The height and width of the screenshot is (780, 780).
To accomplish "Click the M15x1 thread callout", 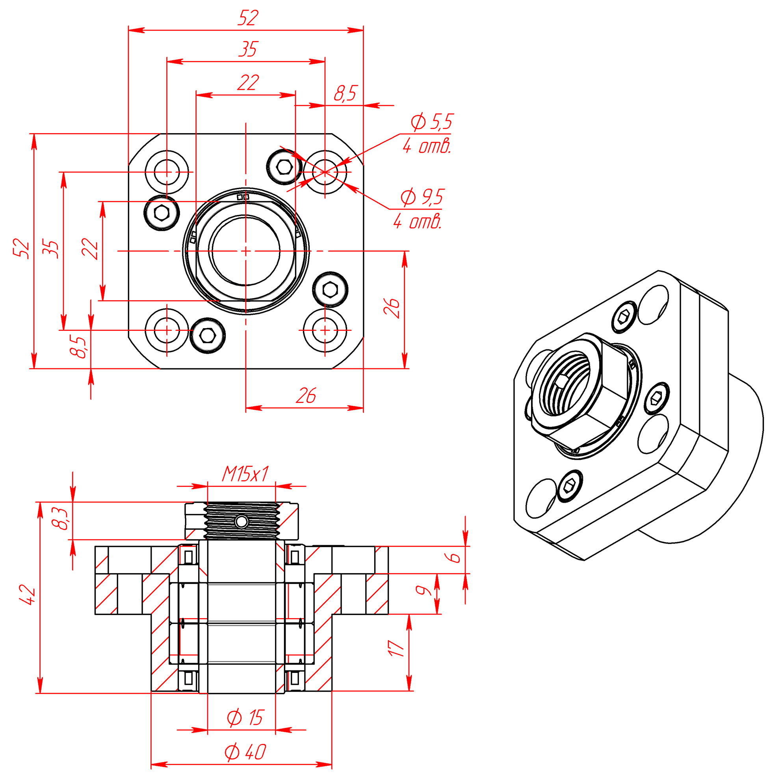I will tap(245, 474).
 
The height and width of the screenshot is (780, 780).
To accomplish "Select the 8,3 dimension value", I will tap(61, 519).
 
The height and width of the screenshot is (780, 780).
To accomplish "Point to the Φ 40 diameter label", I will tap(245, 752).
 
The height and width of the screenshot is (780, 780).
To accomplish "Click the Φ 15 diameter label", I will tap(245, 718).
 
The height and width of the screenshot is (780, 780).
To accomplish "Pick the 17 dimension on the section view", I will tap(396, 648).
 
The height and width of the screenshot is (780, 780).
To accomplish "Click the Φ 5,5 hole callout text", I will tap(432, 121).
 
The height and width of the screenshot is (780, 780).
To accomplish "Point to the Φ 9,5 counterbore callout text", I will tap(422, 197).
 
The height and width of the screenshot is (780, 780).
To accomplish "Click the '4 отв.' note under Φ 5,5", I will tap(427, 146).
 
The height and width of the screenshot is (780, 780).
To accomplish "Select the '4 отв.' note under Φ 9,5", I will tap(418, 222).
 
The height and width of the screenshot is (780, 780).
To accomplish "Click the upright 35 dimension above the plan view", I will tap(247, 49).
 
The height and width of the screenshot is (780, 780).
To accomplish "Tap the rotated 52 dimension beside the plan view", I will tap(21, 248).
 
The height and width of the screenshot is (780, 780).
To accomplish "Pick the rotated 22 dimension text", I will tap(90, 249).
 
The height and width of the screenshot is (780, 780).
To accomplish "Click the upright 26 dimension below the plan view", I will tap(306, 396).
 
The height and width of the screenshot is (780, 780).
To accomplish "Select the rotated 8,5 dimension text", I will tap(78, 346).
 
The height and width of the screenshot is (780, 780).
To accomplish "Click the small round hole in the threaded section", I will tap(241, 522).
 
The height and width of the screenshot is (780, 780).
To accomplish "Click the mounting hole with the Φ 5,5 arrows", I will tap(325, 172).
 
